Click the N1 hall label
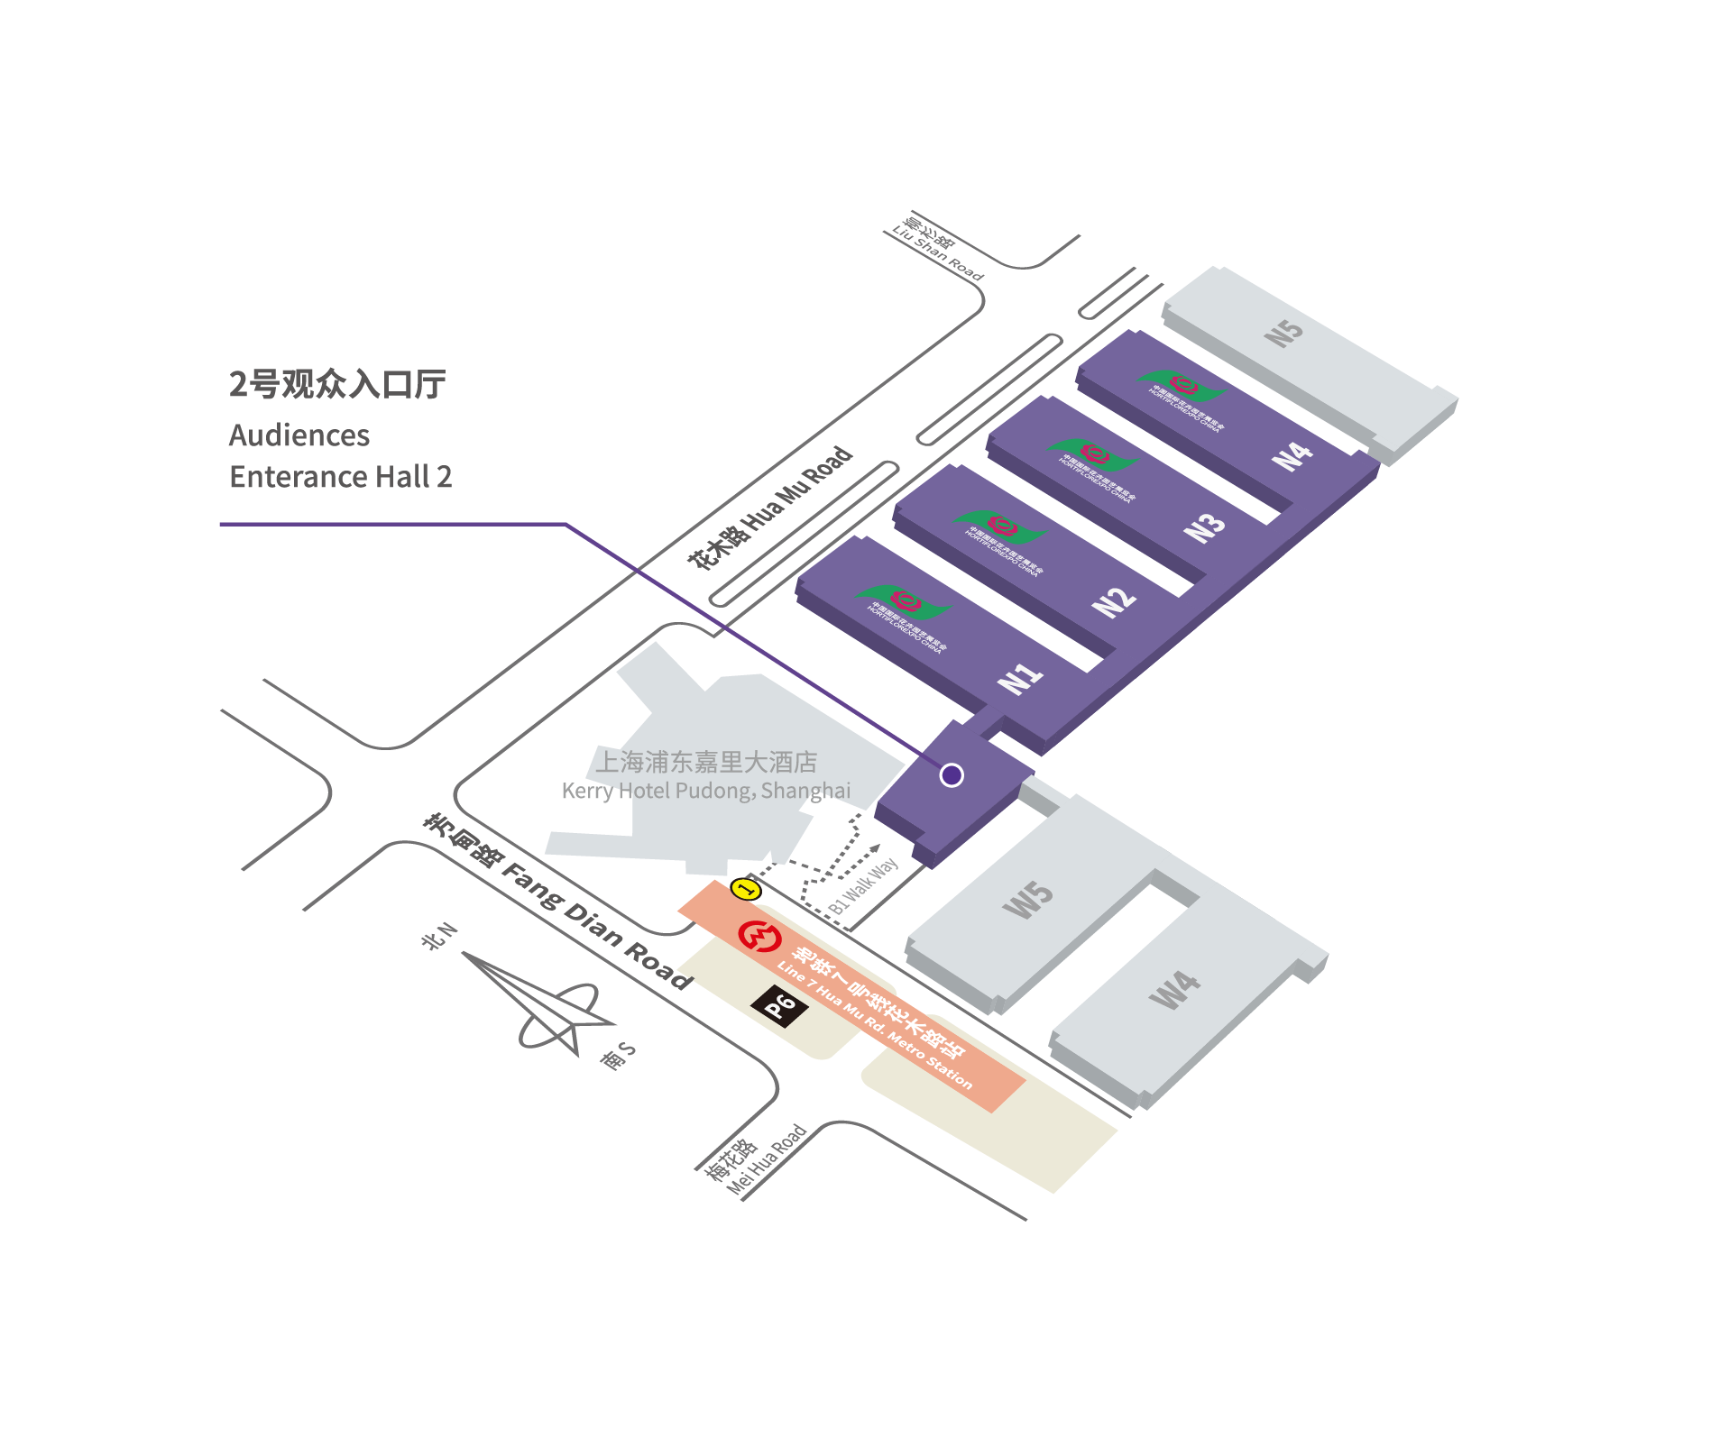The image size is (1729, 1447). click(x=1020, y=677)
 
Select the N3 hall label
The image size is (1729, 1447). click(x=1204, y=527)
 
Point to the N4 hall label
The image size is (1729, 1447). click(x=1292, y=455)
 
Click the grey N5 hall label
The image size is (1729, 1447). click(x=1283, y=333)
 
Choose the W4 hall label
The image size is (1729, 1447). click(x=1174, y=989)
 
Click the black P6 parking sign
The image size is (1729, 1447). click(x=779, y=1005)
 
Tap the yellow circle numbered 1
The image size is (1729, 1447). click(x=746, y=889)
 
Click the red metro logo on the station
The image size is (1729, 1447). click(x=759, y=936)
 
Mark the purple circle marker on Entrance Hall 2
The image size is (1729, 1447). click(x=952, y=775)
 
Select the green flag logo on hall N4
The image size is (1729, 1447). click(x=1182, y=387)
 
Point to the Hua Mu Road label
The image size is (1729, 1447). click(x=770, y=508)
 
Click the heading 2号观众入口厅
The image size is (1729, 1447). click(x=337, y=384)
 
